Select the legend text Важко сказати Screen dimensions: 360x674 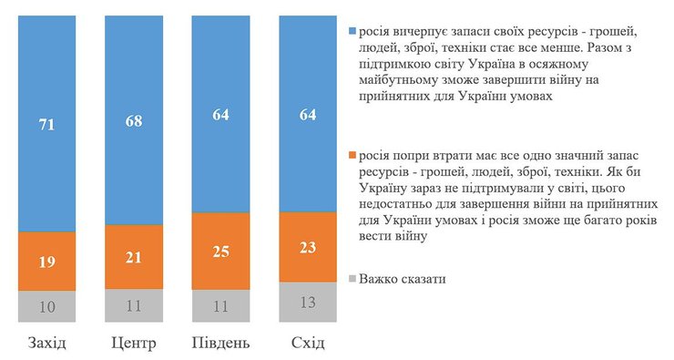tap(402, 278)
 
